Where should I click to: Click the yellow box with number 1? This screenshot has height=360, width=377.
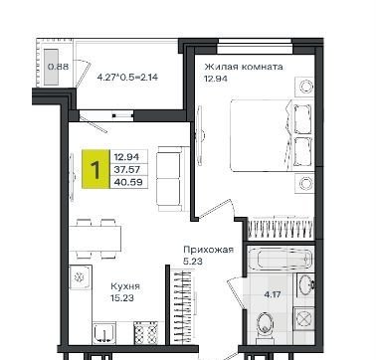point(95,169)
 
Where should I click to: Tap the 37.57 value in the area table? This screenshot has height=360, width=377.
point(127,170)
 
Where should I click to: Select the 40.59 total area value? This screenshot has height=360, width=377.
point(128,182)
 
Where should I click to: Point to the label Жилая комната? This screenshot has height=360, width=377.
point(244,67)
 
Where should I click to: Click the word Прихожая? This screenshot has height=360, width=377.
point(209,250)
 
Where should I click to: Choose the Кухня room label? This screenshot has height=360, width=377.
point(125,286)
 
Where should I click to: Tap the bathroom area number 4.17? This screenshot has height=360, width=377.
point(273,294)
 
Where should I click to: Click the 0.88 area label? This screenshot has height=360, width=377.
point(59,67)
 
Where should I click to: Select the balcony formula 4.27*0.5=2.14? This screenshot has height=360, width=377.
point(127,78)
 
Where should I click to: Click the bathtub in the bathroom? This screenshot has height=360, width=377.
point(281,259)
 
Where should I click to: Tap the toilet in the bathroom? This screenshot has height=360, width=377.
point(265,324)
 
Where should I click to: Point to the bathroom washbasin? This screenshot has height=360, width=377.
point(305,284)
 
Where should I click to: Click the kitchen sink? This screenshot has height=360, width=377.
point(104,332)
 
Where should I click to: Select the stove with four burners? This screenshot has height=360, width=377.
point(146,333)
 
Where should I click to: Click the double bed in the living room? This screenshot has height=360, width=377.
point(272,135)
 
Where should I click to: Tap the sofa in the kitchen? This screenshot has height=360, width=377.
point(170,179)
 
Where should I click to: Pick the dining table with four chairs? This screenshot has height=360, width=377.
point(95,239)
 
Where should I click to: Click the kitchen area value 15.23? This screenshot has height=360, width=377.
point(122,298)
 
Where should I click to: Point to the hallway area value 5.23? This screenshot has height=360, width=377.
point(193,262)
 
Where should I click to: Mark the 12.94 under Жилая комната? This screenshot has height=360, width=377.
point(216,79)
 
